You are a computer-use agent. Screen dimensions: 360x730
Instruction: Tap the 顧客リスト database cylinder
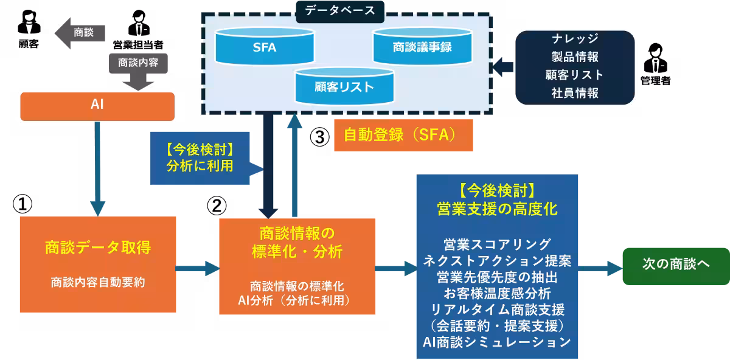tap(344, 86)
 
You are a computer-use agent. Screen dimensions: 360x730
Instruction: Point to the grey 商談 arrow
tap(80, 33)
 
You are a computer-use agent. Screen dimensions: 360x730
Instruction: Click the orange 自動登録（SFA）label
tap(403, 135)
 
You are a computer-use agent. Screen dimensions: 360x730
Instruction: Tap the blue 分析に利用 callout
tap(200, 158)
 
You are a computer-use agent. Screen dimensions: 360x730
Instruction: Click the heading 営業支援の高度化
tap(497, 209)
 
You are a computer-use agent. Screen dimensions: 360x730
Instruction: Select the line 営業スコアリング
tap(497, 244)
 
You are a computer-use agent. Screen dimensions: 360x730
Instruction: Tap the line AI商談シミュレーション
tap(497, 342)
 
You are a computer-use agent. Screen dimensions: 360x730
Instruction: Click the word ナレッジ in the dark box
tap(575, 40)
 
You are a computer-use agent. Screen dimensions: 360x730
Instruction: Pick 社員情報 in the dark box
tap(575, 93)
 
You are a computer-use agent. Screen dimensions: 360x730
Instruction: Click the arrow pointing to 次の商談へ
tap(599, 266)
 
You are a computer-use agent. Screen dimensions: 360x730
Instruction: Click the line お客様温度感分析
tap(497, 293)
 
